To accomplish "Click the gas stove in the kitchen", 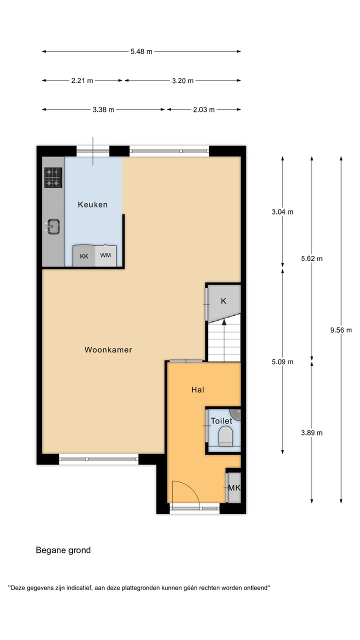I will pos(53,177).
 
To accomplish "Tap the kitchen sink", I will pos(52,226).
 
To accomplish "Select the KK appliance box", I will pos(84,256).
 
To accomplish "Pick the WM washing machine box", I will pos(105,255).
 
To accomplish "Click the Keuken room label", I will pos(92,204).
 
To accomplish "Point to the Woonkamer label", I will pos(108,350).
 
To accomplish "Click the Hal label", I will pos(197,390).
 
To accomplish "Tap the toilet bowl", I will pos(226,435).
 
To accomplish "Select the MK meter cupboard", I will pos(234,487).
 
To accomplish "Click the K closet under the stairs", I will pos(223,301).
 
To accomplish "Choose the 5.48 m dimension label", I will pos(141,51).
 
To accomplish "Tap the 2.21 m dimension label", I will pos(82,80).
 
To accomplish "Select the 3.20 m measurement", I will pos(182,80).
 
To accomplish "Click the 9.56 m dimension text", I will pos(341,330).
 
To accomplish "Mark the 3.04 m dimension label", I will pos(282,212).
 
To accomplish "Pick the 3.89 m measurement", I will pos(311,433).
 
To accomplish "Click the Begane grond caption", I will pos(63,550).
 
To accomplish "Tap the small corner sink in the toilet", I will pos(235,413).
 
